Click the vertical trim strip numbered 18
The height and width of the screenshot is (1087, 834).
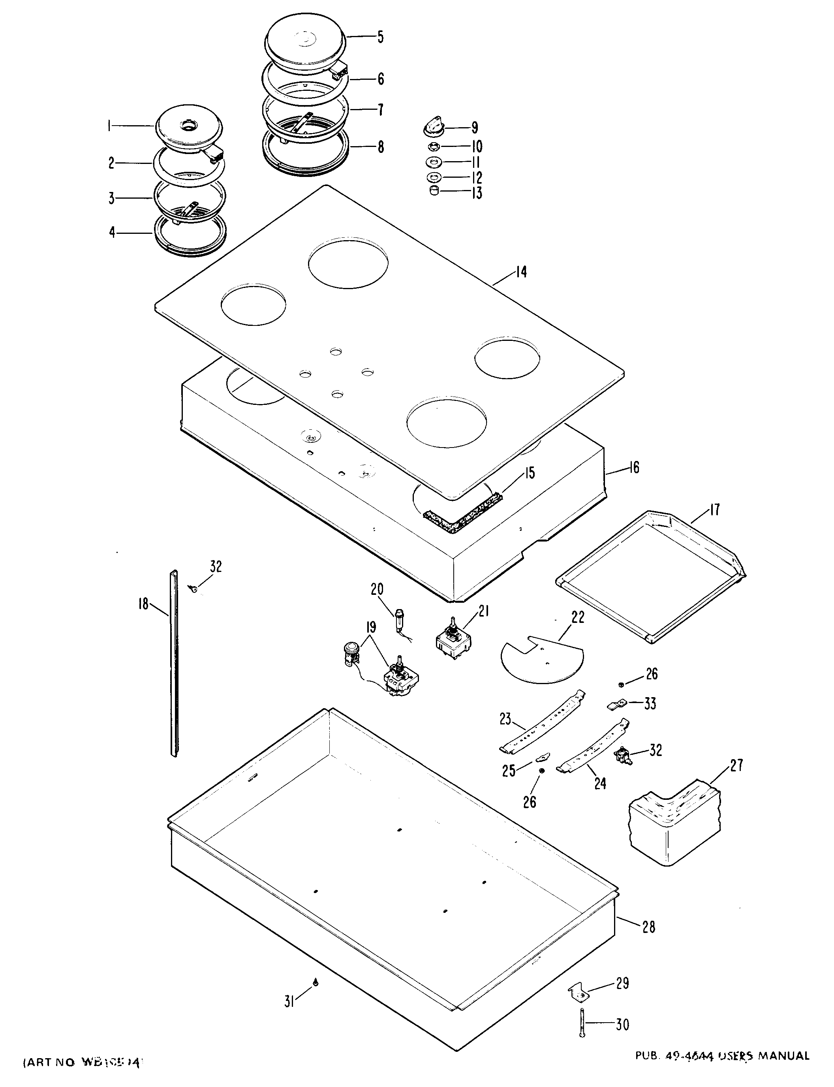coord(173,666)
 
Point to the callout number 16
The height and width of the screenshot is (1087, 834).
coord(634,468)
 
